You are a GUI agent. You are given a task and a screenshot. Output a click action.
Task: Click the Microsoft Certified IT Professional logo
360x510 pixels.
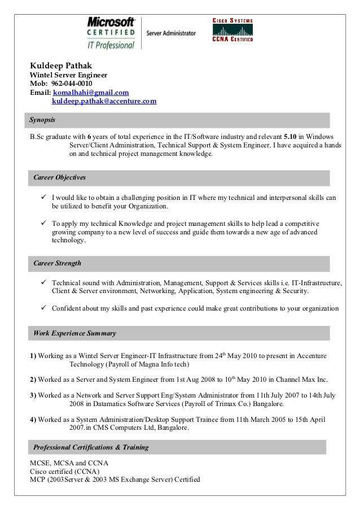111,33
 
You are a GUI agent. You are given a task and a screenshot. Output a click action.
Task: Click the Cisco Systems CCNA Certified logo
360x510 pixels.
232,30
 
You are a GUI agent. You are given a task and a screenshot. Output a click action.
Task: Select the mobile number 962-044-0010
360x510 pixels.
72,84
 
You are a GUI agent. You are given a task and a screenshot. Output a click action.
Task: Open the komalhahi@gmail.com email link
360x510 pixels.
91,93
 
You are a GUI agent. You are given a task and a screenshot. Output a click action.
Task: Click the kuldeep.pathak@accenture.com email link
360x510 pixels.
104,101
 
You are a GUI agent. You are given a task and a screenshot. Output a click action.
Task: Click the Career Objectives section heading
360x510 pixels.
59,178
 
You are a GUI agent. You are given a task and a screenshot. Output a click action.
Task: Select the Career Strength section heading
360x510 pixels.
57,263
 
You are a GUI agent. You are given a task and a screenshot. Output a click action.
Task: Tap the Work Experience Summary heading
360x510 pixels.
74,333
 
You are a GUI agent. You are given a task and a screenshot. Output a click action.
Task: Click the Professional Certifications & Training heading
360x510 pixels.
91,447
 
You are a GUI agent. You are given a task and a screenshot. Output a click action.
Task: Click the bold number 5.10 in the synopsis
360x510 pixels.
290,137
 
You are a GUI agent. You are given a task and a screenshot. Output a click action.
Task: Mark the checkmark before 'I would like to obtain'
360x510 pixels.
43,198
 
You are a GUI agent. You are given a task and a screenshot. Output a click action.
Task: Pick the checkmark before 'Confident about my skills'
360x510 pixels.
43,308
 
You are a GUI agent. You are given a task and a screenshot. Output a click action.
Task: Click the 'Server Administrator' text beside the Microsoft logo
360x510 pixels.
171,33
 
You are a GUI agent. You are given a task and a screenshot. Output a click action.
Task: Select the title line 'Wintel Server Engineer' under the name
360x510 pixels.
68,75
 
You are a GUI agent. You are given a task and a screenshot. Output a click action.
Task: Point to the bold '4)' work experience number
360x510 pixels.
33,420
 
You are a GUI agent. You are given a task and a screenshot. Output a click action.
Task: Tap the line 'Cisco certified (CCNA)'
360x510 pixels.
64,472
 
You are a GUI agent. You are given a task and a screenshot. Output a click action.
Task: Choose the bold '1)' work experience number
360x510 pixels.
33,356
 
